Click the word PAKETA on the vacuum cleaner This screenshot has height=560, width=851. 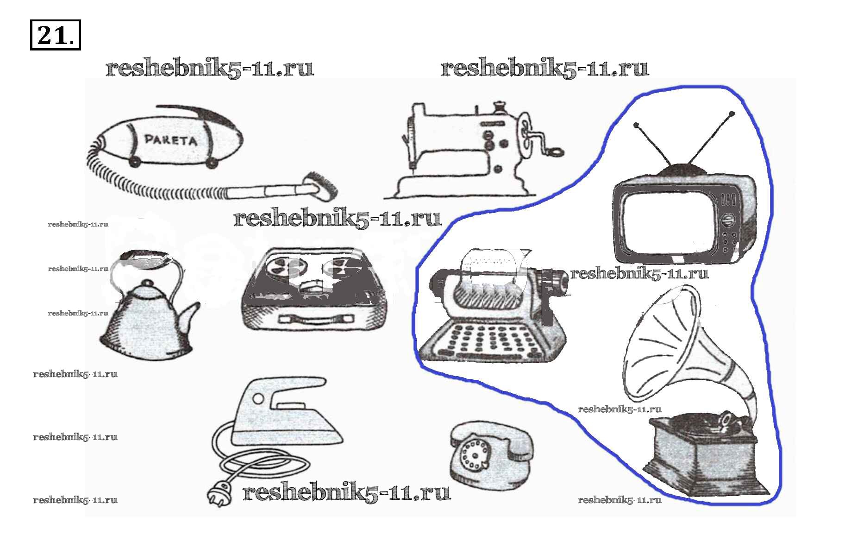pyautogui.click(x=170, y=139)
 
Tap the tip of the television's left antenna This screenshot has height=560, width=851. pyautogui.click(x=637, y=125)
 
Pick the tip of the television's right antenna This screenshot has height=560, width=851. pyautogui.click(x=732, y=113)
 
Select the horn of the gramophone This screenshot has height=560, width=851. pyautogui.click(x=667, y=343)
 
